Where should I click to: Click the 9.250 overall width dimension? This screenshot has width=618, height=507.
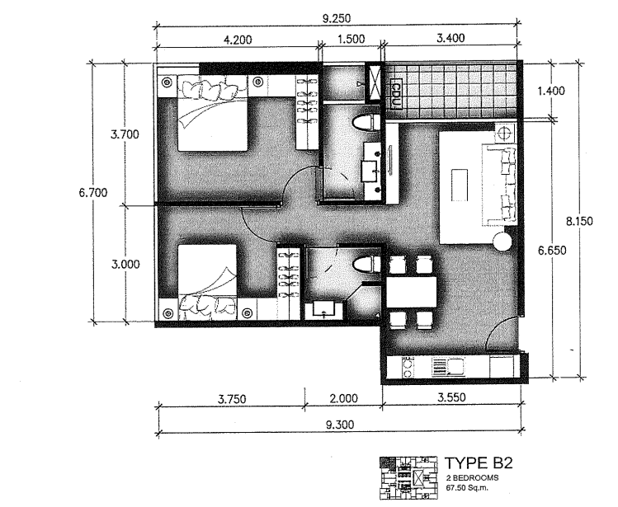coord(336,15)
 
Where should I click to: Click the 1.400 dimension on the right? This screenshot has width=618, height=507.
coord(550,91)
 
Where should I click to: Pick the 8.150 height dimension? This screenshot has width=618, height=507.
coord(579,221)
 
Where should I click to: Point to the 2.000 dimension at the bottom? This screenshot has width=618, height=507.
coord(342,399)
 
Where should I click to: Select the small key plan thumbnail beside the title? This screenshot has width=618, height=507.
coord(408,480)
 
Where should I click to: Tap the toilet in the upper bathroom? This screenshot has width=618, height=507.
coord(363,124)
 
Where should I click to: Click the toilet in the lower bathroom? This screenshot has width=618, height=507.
coord(361,265)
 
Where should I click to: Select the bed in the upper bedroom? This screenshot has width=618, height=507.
coord(210,113)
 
